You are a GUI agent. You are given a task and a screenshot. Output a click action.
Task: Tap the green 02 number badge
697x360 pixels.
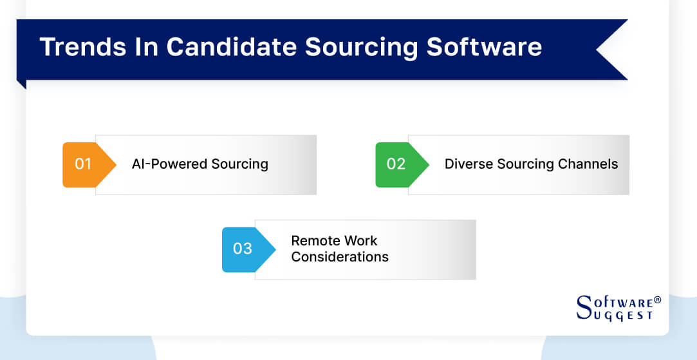396,164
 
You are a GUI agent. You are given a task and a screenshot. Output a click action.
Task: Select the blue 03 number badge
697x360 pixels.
243,249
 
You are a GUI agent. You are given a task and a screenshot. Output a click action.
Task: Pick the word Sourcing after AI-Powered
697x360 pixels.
238,164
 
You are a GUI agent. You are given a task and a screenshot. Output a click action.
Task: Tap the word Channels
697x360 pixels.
588,164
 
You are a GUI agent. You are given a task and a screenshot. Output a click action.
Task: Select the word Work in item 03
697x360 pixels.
360,241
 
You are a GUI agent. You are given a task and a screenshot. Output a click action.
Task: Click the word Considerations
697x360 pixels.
340,257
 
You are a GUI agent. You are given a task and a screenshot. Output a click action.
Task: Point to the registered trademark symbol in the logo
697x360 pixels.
657,299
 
